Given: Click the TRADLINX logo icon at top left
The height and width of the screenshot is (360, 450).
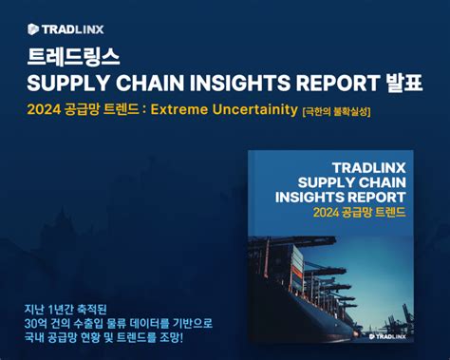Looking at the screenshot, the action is point(33,29).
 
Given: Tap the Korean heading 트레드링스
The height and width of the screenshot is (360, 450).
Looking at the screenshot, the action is point(73,57).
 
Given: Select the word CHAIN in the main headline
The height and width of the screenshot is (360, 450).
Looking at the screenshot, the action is point(150,83).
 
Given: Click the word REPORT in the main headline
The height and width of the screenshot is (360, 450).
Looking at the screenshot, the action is point(338,83).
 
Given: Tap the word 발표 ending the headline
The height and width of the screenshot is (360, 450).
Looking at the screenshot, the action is point(404,83).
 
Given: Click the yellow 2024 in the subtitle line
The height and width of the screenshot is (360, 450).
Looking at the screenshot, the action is point(44,109).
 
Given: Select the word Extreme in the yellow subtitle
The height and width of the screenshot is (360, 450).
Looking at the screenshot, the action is point(179,109).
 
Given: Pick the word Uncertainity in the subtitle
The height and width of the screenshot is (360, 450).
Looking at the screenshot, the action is point(255,109).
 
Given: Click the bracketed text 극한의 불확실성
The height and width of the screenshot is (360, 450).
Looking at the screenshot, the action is point(337,112).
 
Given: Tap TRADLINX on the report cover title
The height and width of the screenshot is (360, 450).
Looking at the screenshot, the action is point(369,168).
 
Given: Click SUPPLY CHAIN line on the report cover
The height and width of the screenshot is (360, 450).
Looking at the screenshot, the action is point(352,182).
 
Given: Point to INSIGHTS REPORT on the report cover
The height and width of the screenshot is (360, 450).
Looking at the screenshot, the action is point(341,198).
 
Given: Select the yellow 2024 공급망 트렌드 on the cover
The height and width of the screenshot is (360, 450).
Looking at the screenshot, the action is point(360,212).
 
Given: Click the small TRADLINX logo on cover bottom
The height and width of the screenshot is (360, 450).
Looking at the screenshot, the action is point(387,336).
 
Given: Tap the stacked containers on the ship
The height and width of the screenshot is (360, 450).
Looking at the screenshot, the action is point(297,266).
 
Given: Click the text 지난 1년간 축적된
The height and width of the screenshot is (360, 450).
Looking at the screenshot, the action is point(66,310).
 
